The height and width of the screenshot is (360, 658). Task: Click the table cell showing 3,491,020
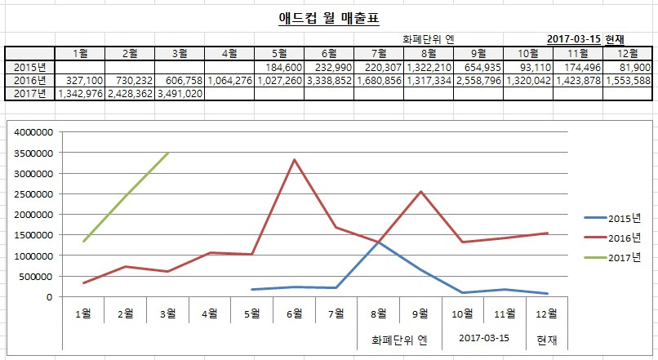(180, 94)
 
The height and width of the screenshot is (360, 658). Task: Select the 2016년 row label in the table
(29, 81)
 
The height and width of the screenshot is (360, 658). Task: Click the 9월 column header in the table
(478, 54)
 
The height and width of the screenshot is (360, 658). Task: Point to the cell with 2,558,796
(478, 81)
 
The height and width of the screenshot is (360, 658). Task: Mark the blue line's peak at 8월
(378, 242)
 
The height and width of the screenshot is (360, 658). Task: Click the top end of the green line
(168, 153)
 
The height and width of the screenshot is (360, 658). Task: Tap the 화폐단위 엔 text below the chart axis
(398, 337)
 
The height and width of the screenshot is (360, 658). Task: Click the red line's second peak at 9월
(420, 192)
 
